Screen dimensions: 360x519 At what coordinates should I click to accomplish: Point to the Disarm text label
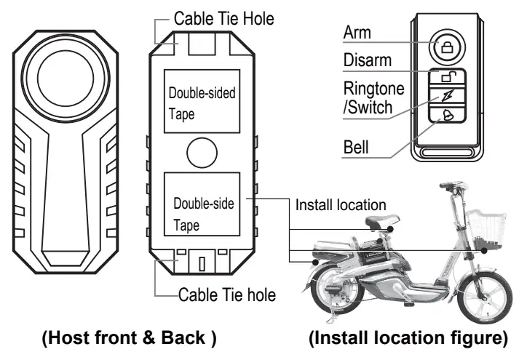point(368,60)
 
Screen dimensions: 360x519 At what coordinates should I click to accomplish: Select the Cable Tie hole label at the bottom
point(226,295)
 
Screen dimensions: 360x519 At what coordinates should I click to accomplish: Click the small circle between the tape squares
point(201,153)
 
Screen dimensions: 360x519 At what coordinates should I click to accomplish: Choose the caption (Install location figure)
point(407,339)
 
